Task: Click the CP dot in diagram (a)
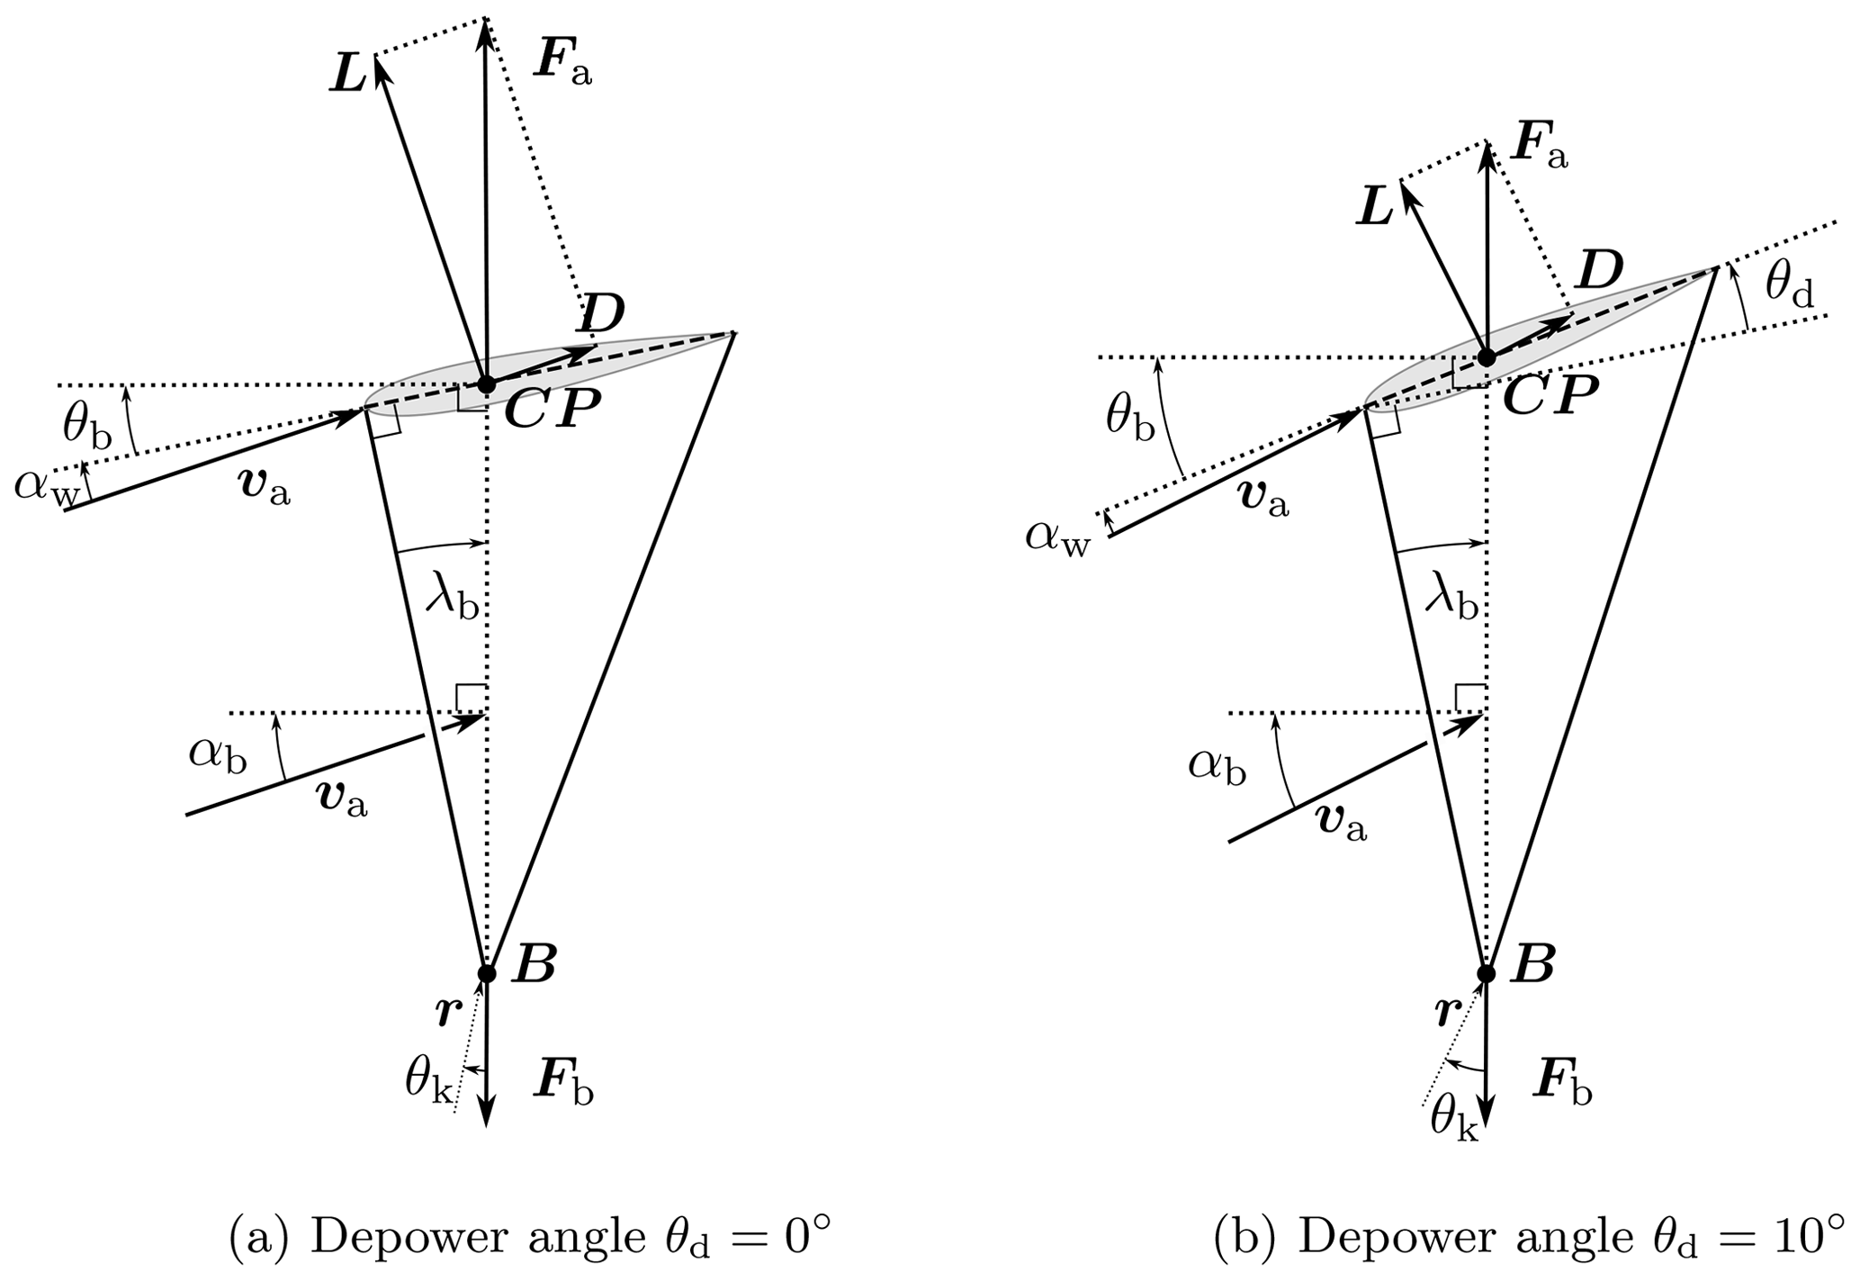pyautogui.click(x=486, y=385)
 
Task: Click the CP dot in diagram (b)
pyautogui.click(x=1486, y=357)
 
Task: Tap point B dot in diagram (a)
pyautogui.click(x=486, y=973)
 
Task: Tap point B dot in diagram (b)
pyautogui.click(x=1486, y=973)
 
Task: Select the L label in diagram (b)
pyautogui.click(x=1374, y=209)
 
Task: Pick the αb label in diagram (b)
pyautogui.click(x=1217, y=767)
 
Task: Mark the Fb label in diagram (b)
pyautogui.click(x=1561, y=1087)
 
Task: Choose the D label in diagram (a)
pyautogui.click(x=602, y=315)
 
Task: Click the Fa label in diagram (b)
pyautogui.click(x=1539, y=148)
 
